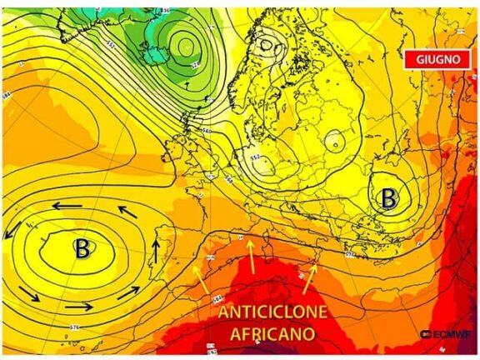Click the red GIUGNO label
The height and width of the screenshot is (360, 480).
pos(431,60)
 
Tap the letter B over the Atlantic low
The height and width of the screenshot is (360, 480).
pos(82,247)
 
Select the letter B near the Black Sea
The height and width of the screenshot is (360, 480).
pos(388,198)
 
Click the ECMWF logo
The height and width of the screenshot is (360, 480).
pos(446,335)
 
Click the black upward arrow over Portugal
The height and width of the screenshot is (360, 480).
pos(156,251)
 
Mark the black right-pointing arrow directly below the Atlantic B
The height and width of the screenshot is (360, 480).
pos(77,306)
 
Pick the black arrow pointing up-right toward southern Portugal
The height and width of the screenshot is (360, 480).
pos(128,292)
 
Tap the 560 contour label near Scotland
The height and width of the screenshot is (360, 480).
pos(207,131)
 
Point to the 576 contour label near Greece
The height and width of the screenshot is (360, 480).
pos(349,251)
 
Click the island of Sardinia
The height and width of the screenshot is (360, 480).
pos(269,249)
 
